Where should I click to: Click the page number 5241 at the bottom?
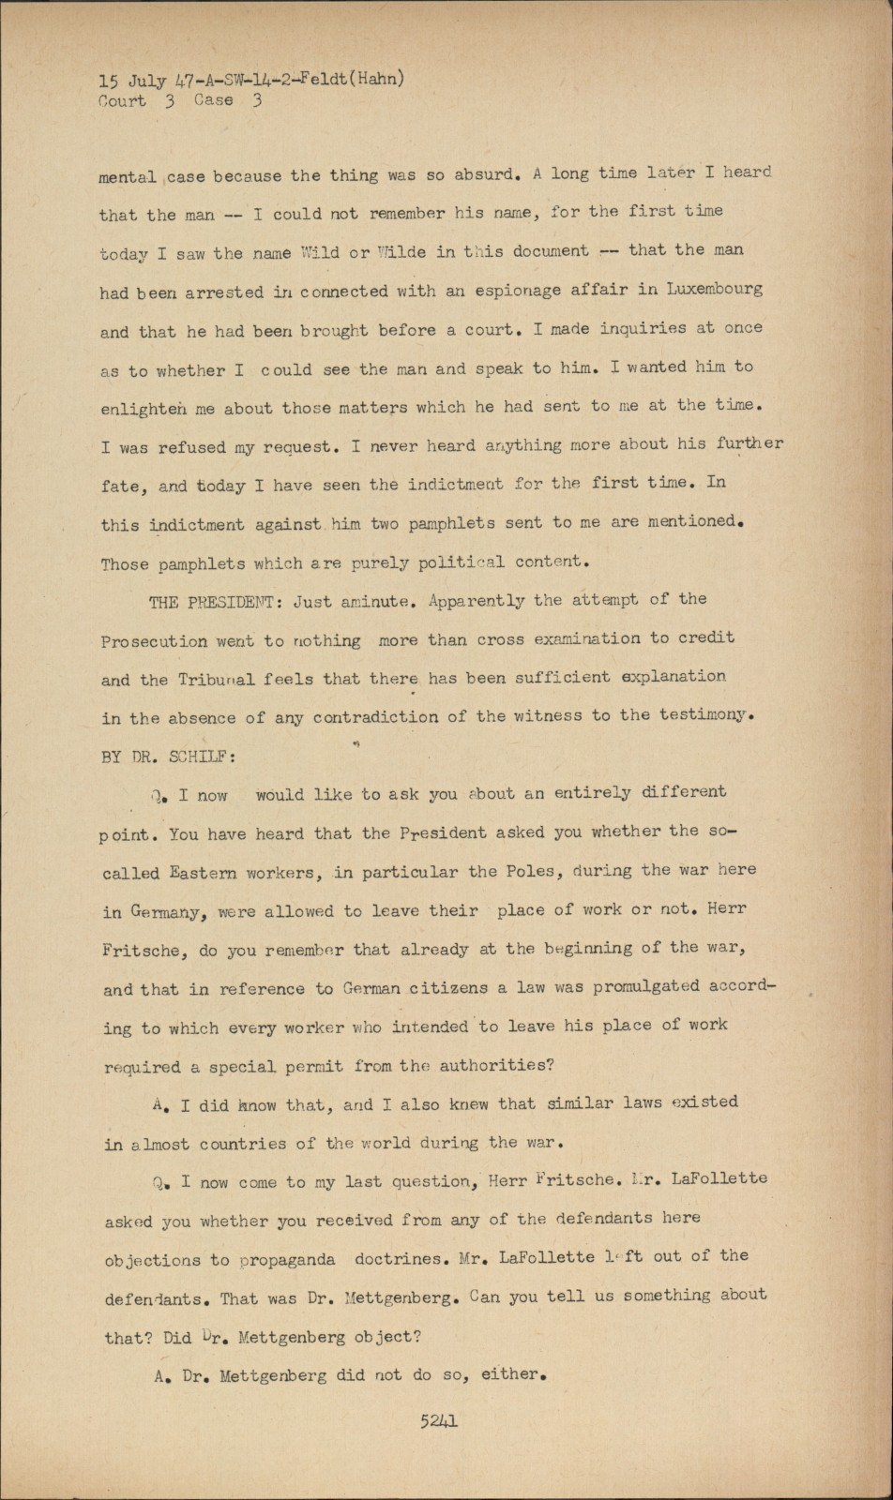(439, 1421)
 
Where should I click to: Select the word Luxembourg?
(714, 289)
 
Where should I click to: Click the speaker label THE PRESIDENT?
(217, 602)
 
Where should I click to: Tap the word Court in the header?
(122, 101)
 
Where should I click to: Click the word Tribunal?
(217, 680)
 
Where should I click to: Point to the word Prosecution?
(154, 642)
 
